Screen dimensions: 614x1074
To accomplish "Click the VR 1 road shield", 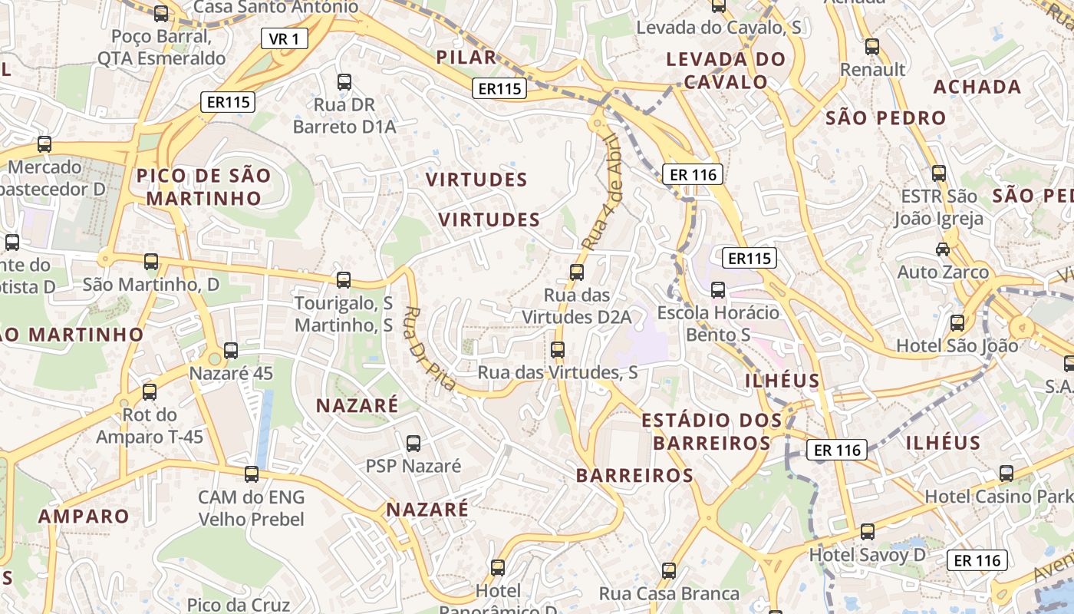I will click(x=285, y=38).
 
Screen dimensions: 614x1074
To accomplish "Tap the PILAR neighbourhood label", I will click(x=466, y=57).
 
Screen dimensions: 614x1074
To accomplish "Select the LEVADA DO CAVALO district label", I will click(x=726, y=71).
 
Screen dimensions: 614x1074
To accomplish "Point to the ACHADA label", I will click(x=977, y=87).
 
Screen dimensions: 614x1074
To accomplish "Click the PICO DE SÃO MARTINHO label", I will click(x=204, y=187).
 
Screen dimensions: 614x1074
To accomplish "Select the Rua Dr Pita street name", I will click(x=430, y=348).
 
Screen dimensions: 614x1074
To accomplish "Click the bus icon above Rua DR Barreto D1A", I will click(x=344, y=81).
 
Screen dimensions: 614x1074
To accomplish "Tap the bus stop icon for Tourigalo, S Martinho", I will click(x=344, y=280).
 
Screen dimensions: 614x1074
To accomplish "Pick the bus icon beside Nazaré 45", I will click(x=231, y=351).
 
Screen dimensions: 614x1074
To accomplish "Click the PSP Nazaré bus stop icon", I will click(x=413, y=443).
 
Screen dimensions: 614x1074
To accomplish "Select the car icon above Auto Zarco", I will click(x=943, y=249).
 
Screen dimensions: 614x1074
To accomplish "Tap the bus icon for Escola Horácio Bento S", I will click(x=718, y=290).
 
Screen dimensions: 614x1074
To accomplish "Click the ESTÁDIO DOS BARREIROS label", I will click(x=712, y=431).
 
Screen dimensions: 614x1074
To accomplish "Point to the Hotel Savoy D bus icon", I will click(x=868, y=531).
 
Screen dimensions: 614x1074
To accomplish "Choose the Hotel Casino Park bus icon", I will click(x=1006, y=473).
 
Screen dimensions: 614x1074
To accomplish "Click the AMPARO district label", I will click(x=84, y=516).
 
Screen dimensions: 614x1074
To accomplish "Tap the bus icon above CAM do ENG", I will click(x=252, y=474).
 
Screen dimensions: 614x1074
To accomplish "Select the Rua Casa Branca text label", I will click(x=669, y=593).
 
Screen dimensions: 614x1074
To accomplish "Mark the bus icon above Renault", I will click(x=872, y=47).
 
